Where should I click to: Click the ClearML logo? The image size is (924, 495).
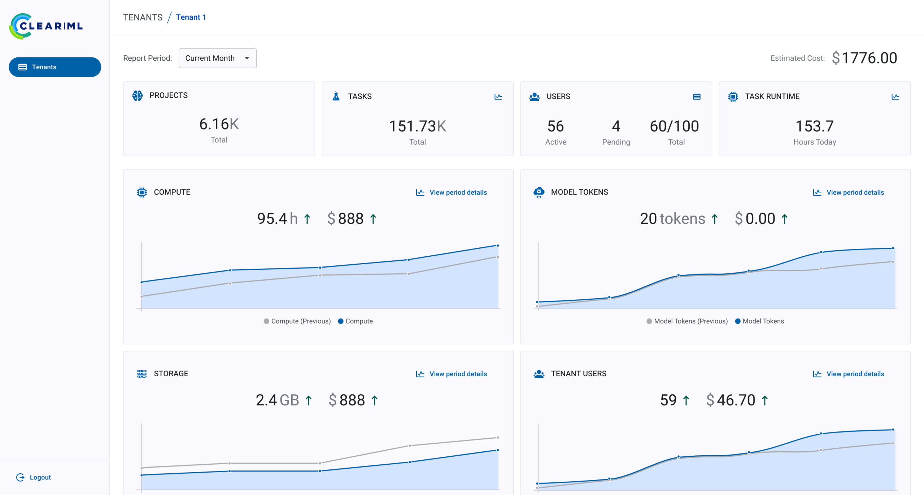tap(46, 26)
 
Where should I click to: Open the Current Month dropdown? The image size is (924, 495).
tap(217, 58)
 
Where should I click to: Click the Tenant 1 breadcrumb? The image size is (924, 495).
tap(191, 17)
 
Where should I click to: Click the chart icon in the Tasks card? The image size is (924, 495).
tap(498, 97)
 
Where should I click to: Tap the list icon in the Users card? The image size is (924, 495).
tap(697, 97)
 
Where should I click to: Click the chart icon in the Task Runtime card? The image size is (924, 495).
tap(895, 97)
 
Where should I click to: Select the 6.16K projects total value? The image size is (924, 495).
tap(219, 124)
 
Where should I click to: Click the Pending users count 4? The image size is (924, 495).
tap(616, 126)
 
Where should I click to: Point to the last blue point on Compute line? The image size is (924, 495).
tap(498, 246)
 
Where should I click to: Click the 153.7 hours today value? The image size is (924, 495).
tap(814, 126)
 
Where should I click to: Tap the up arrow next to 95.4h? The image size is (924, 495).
tap(307, 219)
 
